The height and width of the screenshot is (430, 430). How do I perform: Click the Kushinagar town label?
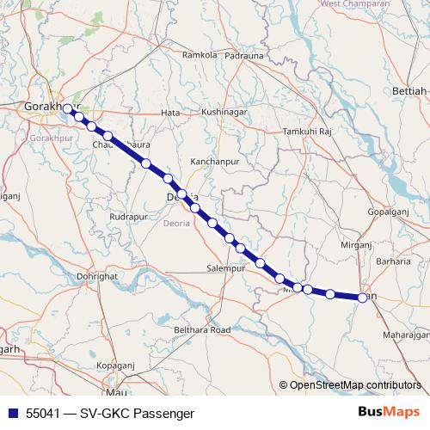(224, 113)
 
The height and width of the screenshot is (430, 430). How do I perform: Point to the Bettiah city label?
(409, 90)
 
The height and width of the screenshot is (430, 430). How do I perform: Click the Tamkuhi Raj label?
(307, 132)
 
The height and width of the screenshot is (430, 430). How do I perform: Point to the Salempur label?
(225, 269)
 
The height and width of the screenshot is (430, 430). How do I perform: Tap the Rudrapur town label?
(129, 217)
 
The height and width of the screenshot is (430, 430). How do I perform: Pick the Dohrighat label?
(95, 277)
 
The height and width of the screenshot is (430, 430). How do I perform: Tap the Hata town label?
(170, 113)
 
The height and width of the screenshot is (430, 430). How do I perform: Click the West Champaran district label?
(352, 4)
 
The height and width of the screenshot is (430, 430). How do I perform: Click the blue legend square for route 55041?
(12, 413)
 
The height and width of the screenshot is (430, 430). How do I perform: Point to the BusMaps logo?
(389, 412)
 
